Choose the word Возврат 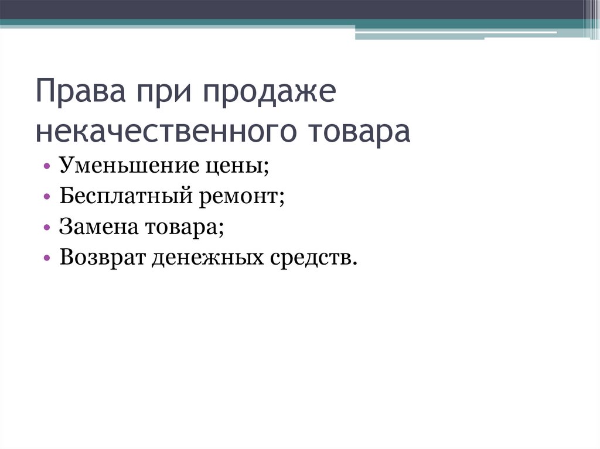(x=98, y=258)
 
